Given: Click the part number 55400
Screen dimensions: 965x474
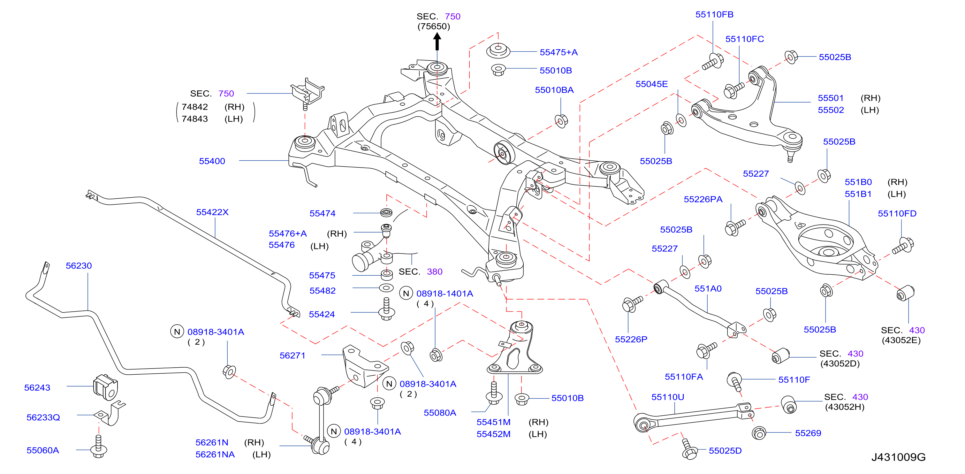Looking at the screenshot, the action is point(212,161).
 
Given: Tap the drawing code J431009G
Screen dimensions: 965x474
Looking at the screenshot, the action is point(898,457).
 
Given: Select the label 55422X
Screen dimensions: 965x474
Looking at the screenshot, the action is point(212,212).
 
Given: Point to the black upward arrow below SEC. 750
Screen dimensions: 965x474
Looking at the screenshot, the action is point(437,42).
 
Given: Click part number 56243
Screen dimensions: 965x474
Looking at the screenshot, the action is point(37,387).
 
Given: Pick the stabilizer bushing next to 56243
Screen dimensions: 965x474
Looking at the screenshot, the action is point(105,387).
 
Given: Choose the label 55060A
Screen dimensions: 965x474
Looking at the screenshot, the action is point(43,450).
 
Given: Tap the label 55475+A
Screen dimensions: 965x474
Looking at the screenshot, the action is point(558,52).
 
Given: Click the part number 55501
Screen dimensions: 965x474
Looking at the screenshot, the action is point(831,98).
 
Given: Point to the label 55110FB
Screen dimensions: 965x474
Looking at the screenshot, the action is point(714,14).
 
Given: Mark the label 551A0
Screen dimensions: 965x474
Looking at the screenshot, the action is point(708,288).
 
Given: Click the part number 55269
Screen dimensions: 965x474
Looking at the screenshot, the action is point(808,433).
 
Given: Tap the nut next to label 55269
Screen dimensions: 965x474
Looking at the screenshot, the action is point(759,433).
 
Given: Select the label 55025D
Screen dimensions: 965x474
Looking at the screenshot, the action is point(725,450).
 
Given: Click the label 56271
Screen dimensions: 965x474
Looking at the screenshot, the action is point(292,355).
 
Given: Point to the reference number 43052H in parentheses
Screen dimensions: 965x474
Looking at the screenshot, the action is point(845,407).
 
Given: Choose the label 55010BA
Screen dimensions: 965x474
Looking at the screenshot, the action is point(554,90).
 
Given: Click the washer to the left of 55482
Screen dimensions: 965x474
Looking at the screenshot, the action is point(386,288).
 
